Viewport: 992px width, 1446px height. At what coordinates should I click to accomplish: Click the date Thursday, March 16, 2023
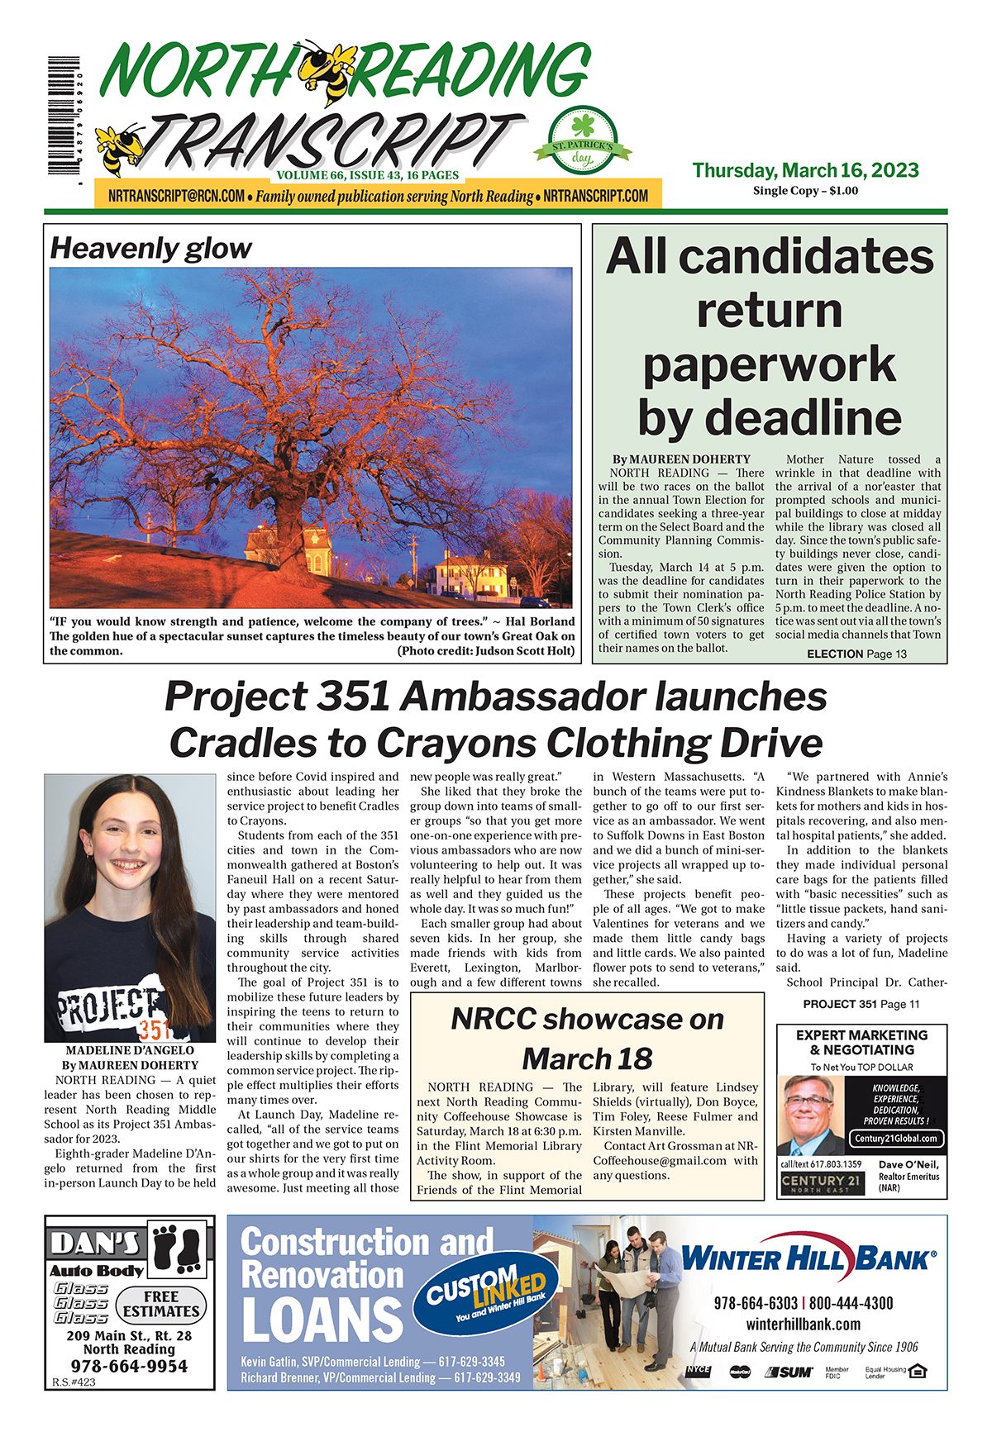coord(805,170)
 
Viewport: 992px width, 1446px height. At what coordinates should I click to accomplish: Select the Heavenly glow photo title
coord(150,248)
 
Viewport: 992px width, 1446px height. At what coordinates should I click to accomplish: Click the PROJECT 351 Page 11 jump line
coord(861,1004)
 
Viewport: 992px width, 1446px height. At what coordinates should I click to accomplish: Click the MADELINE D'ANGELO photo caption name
coord(130,1050)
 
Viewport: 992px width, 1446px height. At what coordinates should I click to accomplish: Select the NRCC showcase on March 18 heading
coord(587,1038)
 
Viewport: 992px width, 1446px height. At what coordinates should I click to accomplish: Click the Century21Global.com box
coord(895,1138)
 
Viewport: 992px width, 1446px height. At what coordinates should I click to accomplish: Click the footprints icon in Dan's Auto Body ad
coord(179,1247)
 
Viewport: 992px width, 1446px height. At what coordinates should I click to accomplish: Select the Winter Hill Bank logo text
coord(808,1259)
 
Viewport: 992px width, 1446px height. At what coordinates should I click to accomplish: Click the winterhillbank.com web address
coord(803,1324)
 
